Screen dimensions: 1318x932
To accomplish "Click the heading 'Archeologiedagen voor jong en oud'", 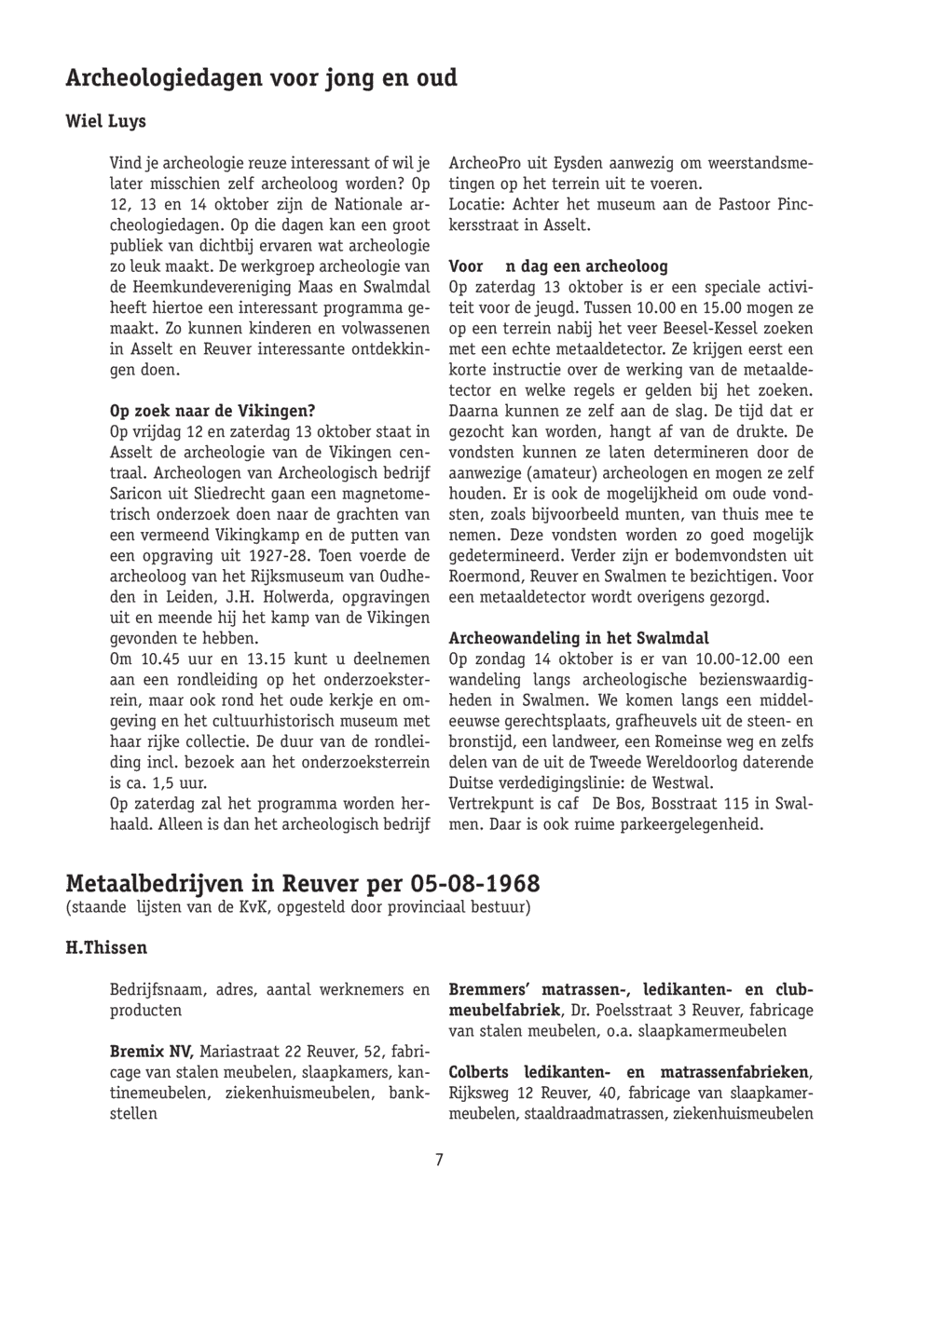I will [262, 78].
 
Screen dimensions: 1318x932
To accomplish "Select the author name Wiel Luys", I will [105, 122].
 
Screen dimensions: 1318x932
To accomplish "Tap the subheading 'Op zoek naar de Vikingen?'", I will [212, 411].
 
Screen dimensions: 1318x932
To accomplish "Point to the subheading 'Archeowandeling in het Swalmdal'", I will [579, 638].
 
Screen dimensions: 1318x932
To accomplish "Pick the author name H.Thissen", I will [106, 948].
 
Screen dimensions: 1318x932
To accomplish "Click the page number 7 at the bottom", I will [439, 1159].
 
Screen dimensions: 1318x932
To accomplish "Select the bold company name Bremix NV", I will [151, 1052].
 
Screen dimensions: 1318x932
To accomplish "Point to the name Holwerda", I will [298, 596].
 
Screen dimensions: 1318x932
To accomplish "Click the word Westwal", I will [685, 782].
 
